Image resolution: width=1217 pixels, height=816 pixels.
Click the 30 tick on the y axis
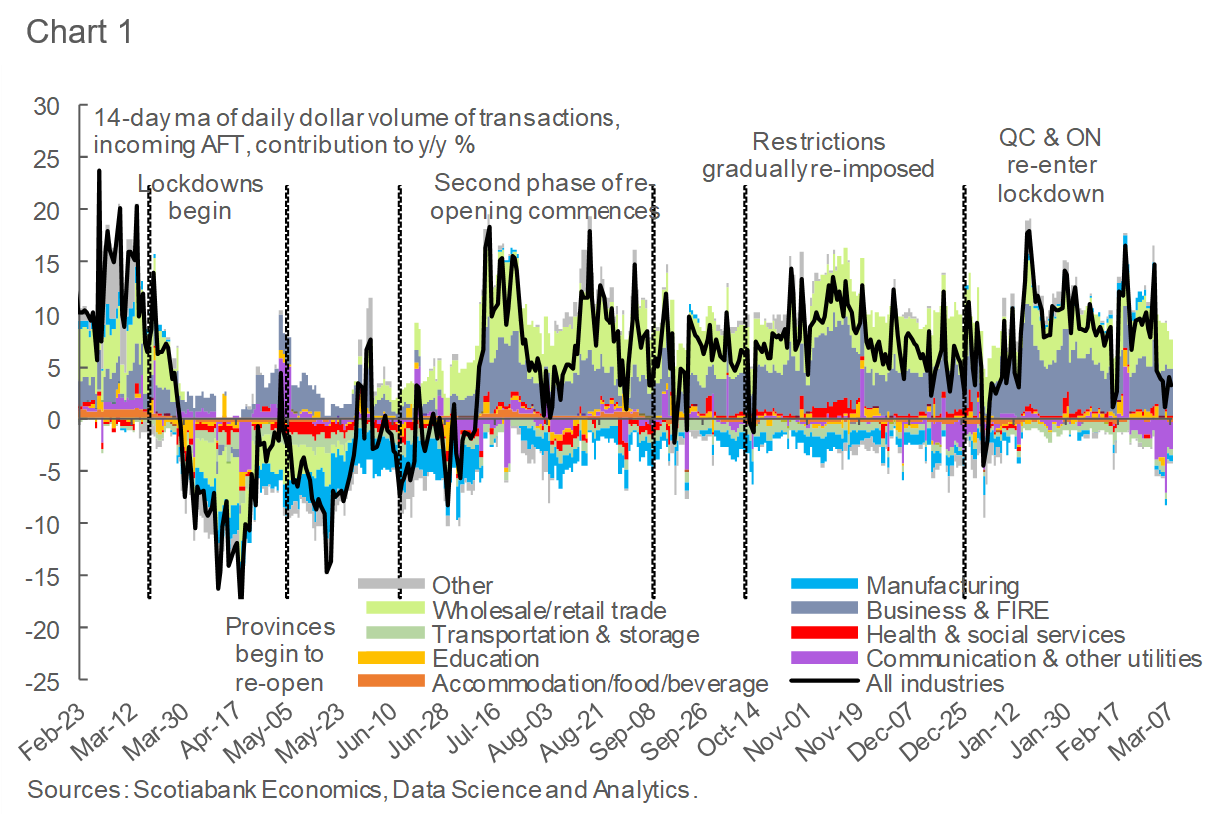[x=47, y=106]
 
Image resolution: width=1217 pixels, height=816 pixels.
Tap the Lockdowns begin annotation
[x=200, y=197]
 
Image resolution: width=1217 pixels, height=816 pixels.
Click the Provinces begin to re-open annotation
[x=280, y=654]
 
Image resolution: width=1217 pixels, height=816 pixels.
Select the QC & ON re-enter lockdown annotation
[x=1051, y=165]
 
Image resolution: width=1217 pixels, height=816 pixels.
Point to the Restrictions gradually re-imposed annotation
[x=818, y=155]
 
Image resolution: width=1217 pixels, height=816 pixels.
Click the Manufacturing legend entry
[x=942, y=586]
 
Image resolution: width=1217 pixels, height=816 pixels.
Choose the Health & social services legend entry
[x=995, y=634]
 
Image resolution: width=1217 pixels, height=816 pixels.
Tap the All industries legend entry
[x=935, y=683]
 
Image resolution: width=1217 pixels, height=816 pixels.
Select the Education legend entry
[x=485, y=659]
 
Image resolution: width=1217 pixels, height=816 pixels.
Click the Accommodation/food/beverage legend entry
[x=600, y=683]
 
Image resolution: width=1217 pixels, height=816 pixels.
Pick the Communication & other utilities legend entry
[x=1033, y=659]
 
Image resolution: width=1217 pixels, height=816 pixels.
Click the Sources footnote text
[x=362, y=790]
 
